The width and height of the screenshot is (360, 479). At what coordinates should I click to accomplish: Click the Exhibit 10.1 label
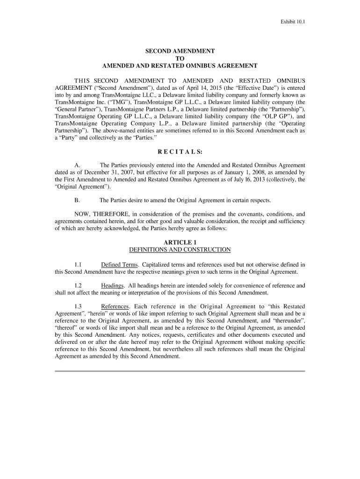click(x=293, y=22)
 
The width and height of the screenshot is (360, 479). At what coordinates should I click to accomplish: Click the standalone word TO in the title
click(x=180, y=58)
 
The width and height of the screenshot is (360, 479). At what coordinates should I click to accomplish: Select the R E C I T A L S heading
click(x=180, y=152)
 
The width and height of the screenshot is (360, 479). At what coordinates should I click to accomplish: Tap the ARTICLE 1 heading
click(x=180, y=242)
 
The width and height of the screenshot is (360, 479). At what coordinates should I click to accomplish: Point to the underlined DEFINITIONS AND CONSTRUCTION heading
click(x=180, y=250)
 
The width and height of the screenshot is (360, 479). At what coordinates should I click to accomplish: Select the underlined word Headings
click(x=113, y=286)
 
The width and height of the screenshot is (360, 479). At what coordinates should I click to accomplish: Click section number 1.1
click(x=78, y=265)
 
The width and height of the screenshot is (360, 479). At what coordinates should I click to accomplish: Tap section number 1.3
click(x=78, y=307)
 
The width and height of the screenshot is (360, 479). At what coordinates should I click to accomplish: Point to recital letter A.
click(x=77, y=166)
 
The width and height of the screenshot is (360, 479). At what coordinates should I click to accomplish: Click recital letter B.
click(x=77, y=200)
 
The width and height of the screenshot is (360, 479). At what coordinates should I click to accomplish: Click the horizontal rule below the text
click(x=180, y=371)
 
